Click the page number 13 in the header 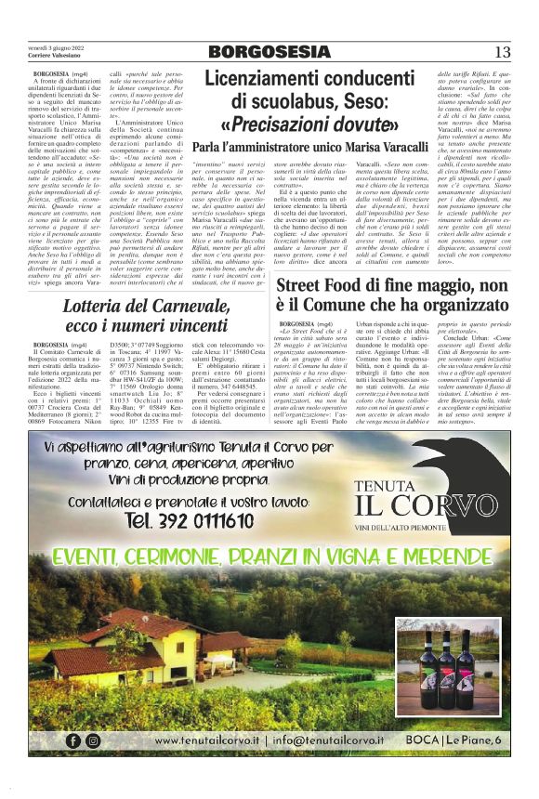(503, 52)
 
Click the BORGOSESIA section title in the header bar (269, 52)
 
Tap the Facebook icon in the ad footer (73, 740)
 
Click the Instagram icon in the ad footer (93, 740)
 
